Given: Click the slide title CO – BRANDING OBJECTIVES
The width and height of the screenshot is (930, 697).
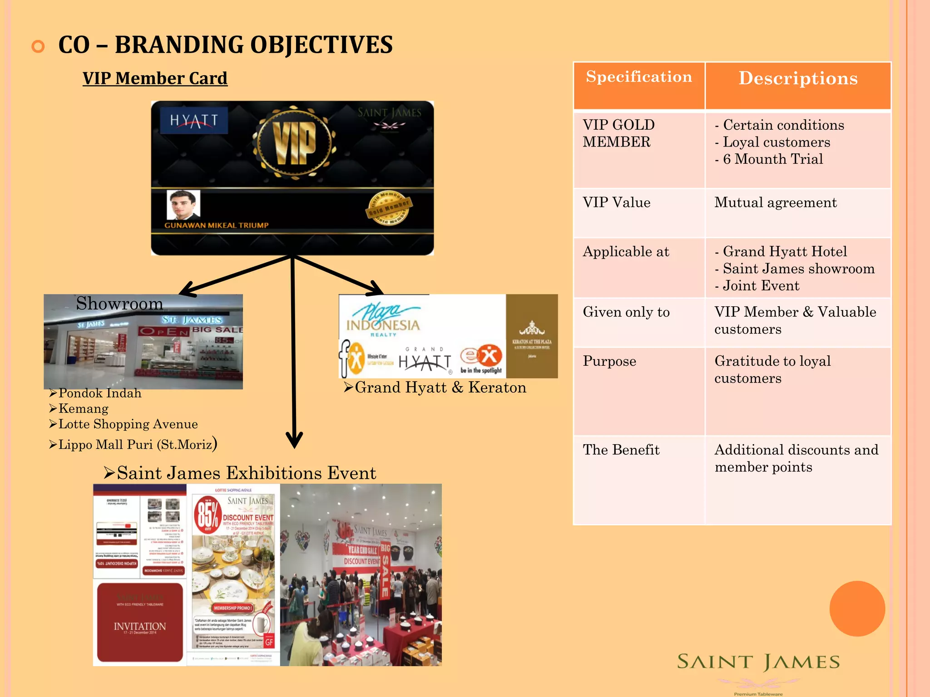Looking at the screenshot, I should [x=225, y=45].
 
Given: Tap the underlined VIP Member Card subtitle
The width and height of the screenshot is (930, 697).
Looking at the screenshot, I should [x=155, y=78].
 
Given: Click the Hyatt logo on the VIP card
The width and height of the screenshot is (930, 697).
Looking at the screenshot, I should [x=194, y=120].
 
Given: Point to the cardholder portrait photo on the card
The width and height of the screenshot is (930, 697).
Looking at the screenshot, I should [x=183, y=205].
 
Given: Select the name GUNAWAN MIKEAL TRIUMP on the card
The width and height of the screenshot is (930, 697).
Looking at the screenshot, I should [x=216, y=225].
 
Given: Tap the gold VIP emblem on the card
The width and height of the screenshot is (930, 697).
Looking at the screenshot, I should [x=294, y=142].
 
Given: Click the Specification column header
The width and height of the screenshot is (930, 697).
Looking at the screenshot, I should [x=639, y=77].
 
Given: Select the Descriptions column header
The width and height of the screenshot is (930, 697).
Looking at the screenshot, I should [x=798, y=78].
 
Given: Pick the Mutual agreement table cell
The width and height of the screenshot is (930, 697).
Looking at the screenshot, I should [x=775, y=202].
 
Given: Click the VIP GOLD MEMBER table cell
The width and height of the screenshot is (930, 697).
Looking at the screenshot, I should [x=618, y=133].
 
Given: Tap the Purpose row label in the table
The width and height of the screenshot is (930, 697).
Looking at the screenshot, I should [x=609, y=361].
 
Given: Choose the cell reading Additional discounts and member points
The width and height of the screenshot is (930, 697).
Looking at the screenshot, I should [x=796, y=458].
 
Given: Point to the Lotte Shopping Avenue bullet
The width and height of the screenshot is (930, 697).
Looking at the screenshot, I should [x=128, y=424].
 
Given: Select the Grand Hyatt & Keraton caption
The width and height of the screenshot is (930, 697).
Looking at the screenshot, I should [x=440, y=387].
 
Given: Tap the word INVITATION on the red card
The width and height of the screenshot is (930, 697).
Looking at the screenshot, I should [x=140, y=626].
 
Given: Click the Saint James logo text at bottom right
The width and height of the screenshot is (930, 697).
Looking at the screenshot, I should [x=758, y=662].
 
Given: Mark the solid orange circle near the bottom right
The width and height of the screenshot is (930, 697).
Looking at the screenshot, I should [x=857, y=609].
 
